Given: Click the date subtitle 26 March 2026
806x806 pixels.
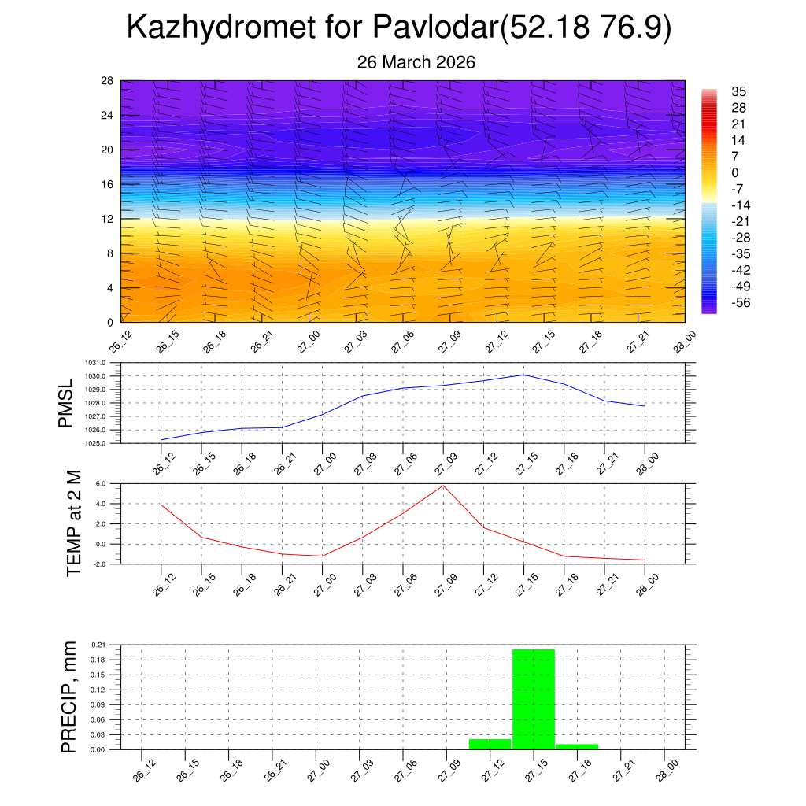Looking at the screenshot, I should pyautogui.click(x=416, y=62).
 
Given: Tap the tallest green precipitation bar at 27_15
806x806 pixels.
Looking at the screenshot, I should pyautogui.click(x=534, y=699).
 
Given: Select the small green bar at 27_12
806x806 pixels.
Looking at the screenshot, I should pyautogui.click(x=490, y=744).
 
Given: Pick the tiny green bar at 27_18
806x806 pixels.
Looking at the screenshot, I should pyautogui.click(x=577, y=746).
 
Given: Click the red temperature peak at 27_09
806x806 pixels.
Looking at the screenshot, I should pyautogui.click(x=442, y=486).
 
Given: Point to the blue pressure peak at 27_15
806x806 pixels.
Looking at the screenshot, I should pyautogui.click(x=523, y=375).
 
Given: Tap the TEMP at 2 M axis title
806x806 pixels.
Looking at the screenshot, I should pyautogui.click(x=74, y=523).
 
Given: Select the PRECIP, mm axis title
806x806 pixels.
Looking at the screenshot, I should pyautogui.click(x=69, y=697).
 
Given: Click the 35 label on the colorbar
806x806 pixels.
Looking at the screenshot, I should pyautogui.click(x=738, y=92).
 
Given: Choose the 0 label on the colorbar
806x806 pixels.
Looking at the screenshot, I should pyautogui.click(x=735, y=173).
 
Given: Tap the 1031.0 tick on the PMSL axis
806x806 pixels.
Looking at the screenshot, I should pyautogui.click(x=101, y=363).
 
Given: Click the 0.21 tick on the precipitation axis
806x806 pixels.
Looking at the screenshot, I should pyautogui.click(x=98, y=645).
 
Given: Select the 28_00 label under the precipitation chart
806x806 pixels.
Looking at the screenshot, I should pyautogui.click(x=665, y=769).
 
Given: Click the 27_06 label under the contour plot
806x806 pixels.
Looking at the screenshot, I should pyautogui.click(x=400, y=342).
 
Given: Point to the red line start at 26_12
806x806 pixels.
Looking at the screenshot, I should pyautogui.click(x=161, y=504).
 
